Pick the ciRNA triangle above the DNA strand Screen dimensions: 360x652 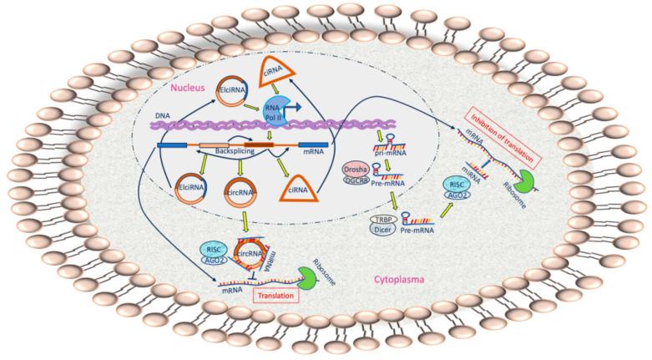click(x=295, y=60)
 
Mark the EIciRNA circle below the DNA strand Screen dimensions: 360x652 click(x=191, y=190)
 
